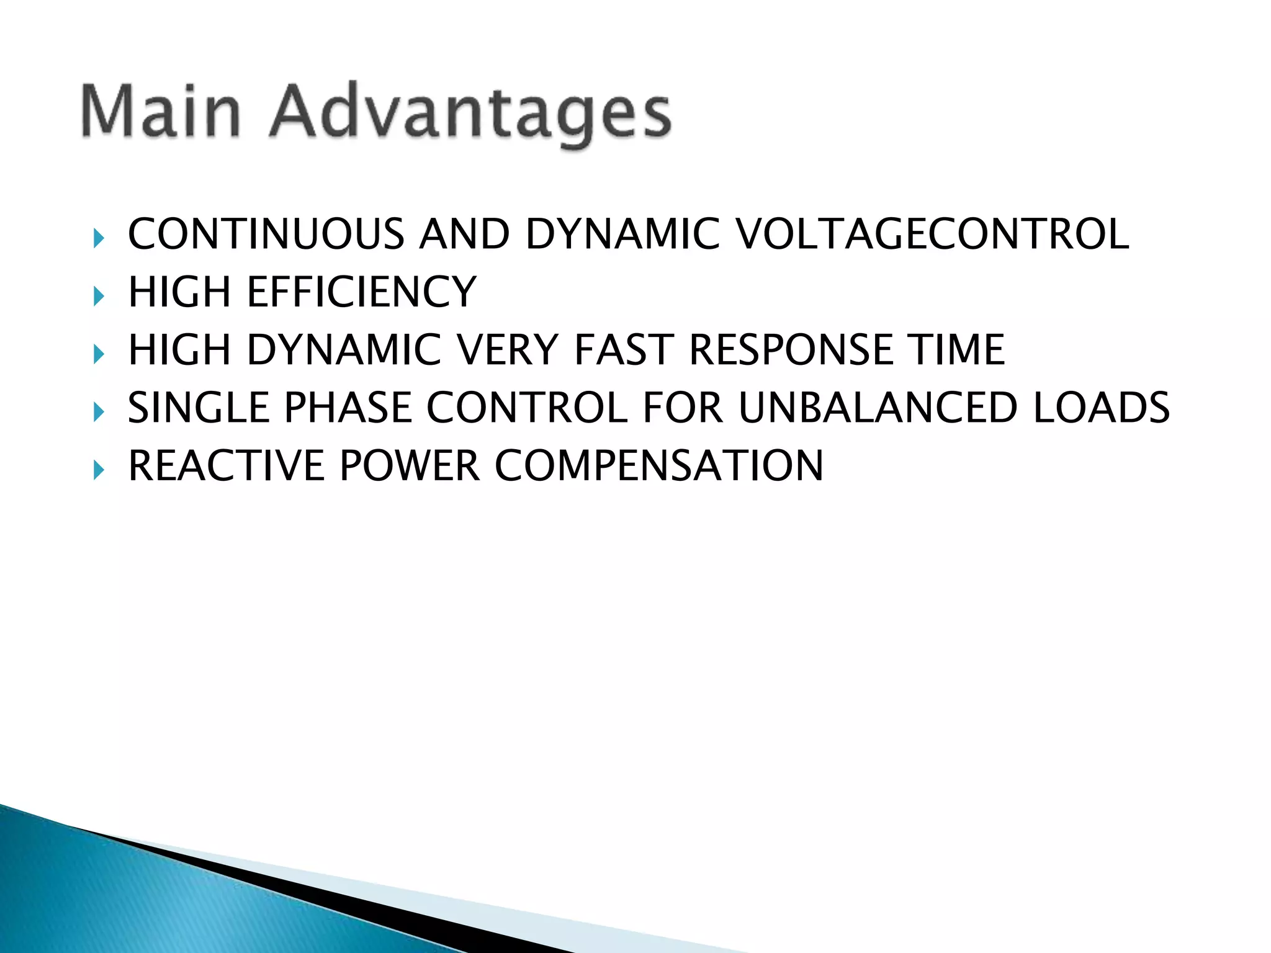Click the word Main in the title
161,112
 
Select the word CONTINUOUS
266,235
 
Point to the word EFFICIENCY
362,292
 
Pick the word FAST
624,350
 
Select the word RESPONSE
791,350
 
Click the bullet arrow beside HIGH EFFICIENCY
98,296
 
